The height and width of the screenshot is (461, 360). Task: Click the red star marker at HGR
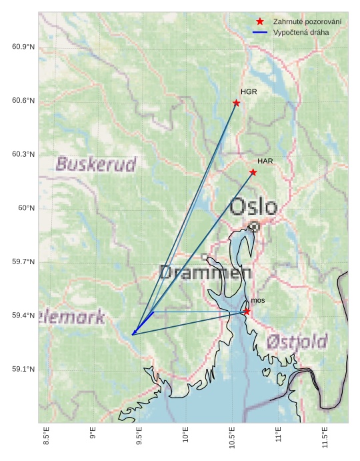pyautogui.click(x=236, y=103)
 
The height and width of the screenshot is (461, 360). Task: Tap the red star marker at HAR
pyautogui.click(x=253, y=172)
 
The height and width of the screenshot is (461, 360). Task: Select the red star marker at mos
pyautogui.click(x=247, y=312)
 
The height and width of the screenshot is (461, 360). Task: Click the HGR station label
pyautogui.click(x=249, y=92)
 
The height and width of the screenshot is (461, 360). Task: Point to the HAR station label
pyautogui.click(x=265, y=161)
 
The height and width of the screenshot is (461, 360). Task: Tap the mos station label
pyautogui.click(x=258, y=301)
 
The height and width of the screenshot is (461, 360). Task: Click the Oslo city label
pyautogui.click(x=253, y=207)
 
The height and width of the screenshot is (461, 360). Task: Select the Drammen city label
pyautogui.click(x=205, y=272)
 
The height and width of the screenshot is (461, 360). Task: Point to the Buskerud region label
pyautogui.click(x=96, y=164)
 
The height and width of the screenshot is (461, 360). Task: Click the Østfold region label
pyautogui.click(x=297, y=342)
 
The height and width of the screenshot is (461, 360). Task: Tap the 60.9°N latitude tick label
pyautogui.click(x=23, y=47)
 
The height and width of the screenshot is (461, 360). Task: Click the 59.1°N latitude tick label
pyautogui.click(x=23, y=370)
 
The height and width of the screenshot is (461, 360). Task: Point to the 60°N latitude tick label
pyautogui.click(x=26, y=208)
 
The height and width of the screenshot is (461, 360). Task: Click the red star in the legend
pyautogui.click(x=260, y=22)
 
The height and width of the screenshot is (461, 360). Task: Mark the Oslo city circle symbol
pyautogui.click(x=253, y=227)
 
